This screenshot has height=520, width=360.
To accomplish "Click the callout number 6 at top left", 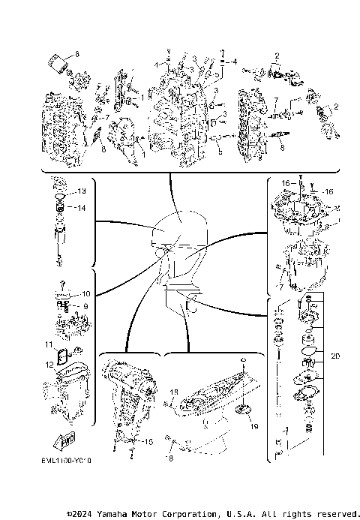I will [76, 56].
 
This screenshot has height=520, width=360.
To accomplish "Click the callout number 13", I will [82, 191].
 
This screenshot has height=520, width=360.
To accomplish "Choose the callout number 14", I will [82, 208].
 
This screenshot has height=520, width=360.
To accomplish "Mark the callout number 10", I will [86, 293].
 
